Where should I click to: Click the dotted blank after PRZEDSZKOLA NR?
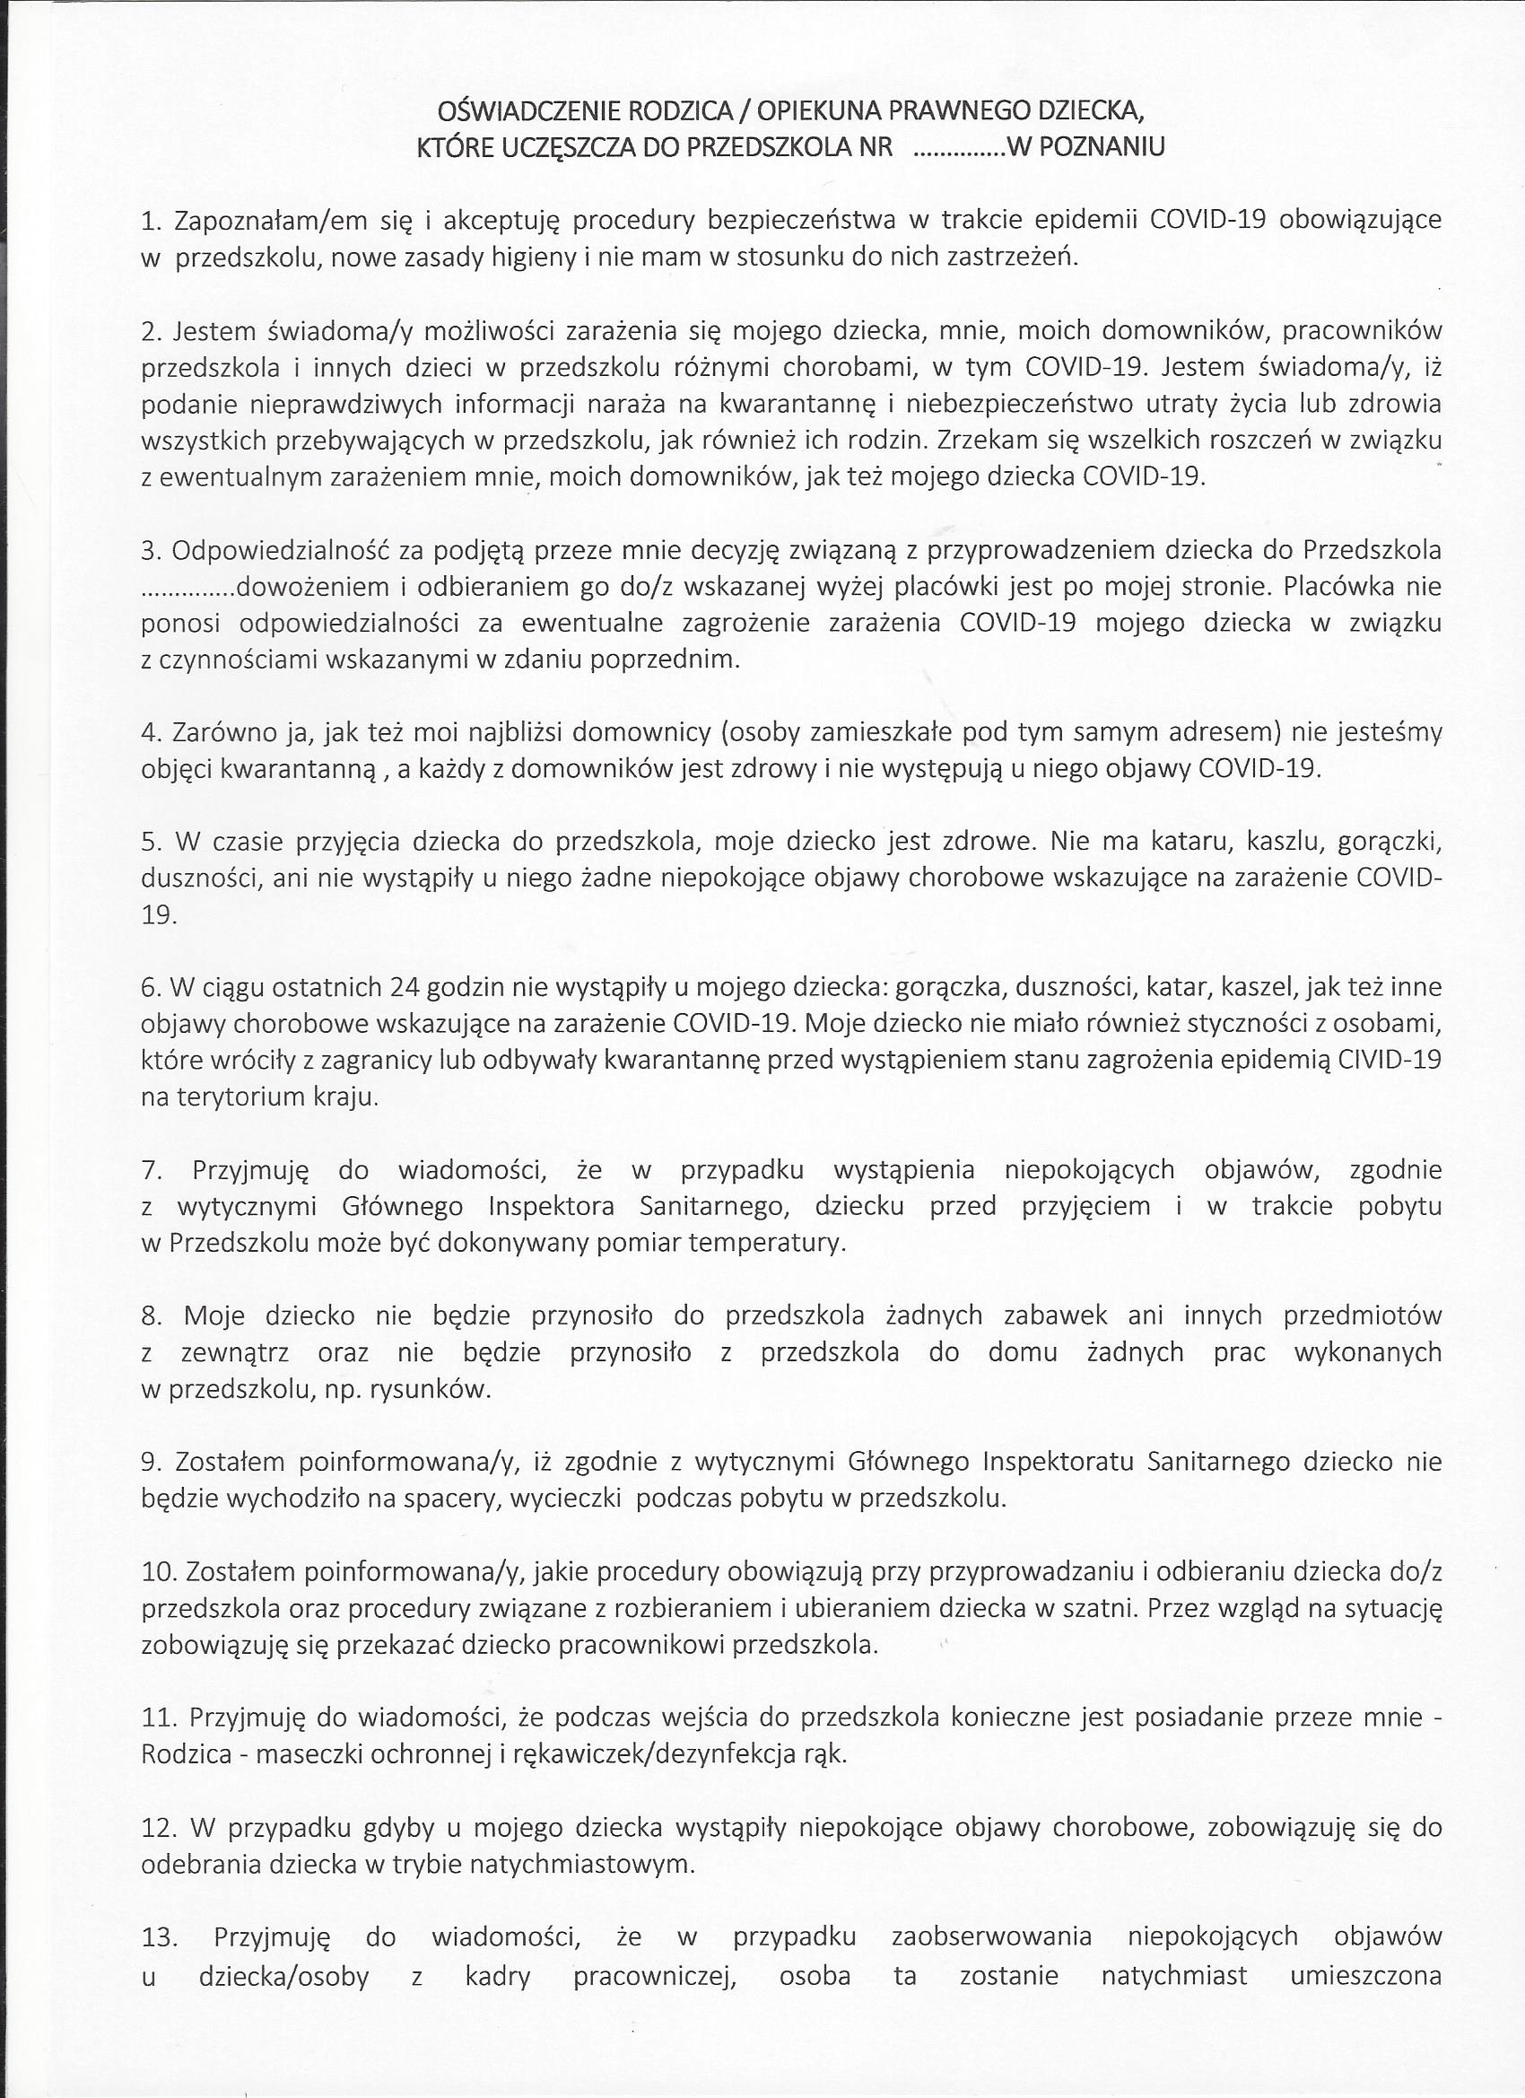coord(960,149)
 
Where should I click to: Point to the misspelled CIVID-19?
coord(1389,1060)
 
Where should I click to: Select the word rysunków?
coord(429,1389)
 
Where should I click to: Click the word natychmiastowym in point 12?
coord(582,1864)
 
